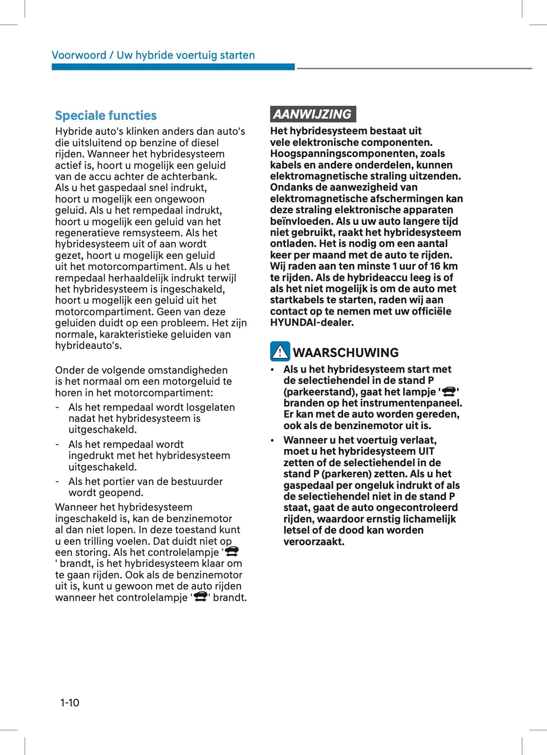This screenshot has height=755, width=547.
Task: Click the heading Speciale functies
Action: click(x=106, y=116)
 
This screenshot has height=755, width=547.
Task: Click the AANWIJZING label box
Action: click(x=313, y=114)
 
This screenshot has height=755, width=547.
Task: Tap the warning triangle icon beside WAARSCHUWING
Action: click(x=280, y=351)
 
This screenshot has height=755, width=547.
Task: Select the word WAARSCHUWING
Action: click(x=346, y=353)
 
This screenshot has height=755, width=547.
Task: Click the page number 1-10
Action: click(x=70, y=703)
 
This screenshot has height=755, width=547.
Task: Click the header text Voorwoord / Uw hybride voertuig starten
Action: click(x=153, y=55)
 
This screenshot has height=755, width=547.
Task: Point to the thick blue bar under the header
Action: click(x=173, y=67)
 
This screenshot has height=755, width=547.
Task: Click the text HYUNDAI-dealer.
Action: click(x=312, y=322)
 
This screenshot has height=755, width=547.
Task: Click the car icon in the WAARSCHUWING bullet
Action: click(x=449, y=391)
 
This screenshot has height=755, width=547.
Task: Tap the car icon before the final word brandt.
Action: click(x=200, y=597)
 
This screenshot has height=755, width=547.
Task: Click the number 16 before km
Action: click(x=435, y=266)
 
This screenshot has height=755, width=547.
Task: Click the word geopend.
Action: click(x=124, y=493)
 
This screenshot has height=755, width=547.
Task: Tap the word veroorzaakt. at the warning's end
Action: click(x=314, y=542)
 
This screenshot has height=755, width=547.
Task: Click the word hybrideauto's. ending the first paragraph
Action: click(x=88, y=346)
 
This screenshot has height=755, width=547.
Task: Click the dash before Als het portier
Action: click(x=57, y=482)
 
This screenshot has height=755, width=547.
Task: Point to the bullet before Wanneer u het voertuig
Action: click(x=273, y=440)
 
